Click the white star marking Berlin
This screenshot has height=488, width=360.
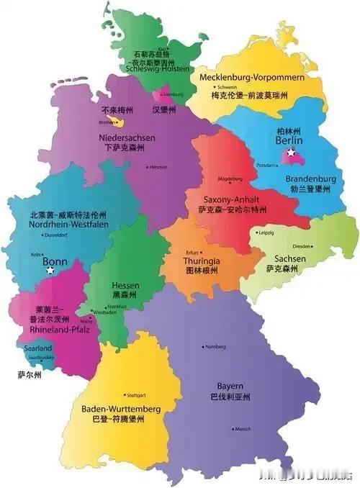[x=290, y=153]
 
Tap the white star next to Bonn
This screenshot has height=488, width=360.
[x=50, y=271]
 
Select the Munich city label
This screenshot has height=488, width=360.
[x=243, y=429]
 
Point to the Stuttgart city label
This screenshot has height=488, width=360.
[x=134, y=395]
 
